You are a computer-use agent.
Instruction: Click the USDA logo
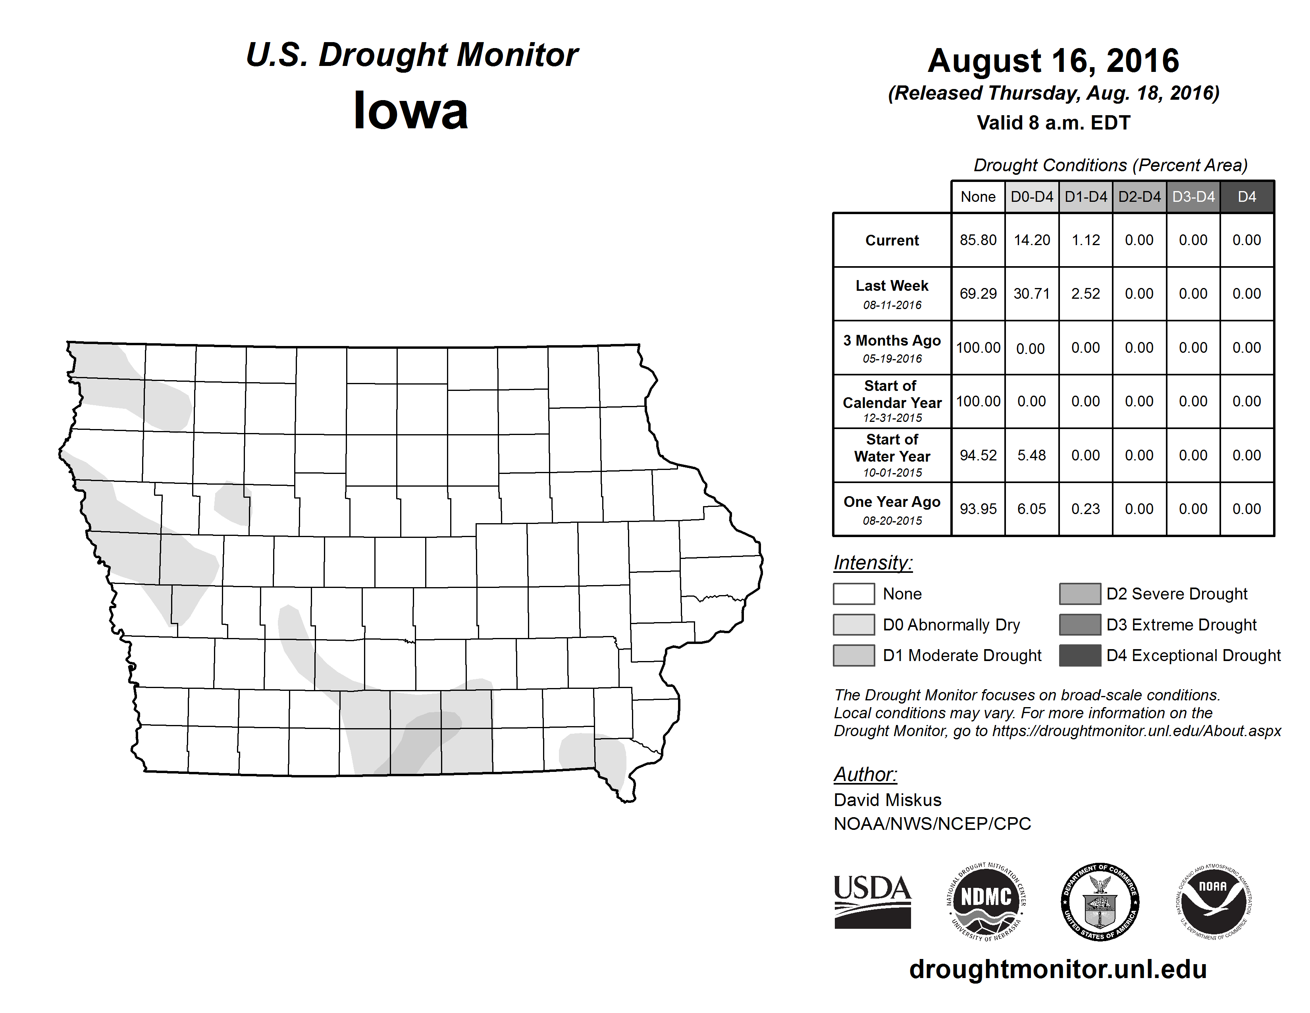point(872,901)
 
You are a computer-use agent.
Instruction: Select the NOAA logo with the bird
point(1214,901)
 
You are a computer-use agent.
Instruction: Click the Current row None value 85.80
point(978,240)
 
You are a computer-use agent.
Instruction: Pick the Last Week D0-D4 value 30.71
point(1032,294)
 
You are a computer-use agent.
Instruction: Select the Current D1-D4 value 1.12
point(1086,240)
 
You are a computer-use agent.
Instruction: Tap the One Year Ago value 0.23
point(1086,509)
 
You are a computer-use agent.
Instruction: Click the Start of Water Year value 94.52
point(978,456)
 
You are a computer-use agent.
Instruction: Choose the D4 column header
point(1246,197)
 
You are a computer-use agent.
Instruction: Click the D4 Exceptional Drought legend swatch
point(1080,655)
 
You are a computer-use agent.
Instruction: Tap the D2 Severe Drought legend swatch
point(1080,593)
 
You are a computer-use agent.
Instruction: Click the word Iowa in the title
point(411,110)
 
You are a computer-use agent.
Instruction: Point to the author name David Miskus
point(887,800)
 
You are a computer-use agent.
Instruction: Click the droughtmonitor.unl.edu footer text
point(1058,969)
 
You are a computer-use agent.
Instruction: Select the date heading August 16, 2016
point(1053,61)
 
